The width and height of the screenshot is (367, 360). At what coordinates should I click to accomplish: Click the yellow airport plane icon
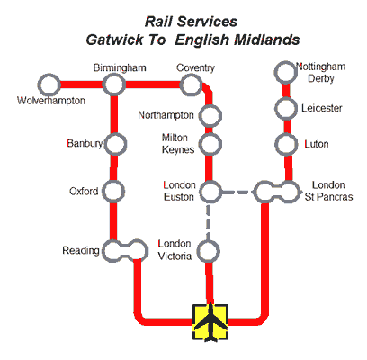coord(210,322)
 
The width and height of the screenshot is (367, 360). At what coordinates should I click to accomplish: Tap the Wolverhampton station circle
coord(48,85)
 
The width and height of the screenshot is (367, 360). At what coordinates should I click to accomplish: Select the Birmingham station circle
coord(113,85)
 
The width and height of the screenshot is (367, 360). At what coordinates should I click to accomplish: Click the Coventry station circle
coord(191,85)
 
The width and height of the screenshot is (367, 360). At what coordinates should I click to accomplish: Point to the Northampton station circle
coord(210,115)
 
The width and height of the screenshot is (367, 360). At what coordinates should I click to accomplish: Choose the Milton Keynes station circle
coord(210,144)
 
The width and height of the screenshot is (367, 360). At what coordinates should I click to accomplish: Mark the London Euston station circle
coord(210,191)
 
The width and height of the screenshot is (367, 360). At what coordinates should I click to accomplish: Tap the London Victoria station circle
coord(210,250)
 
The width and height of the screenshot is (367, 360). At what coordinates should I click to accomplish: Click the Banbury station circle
coord(114,143)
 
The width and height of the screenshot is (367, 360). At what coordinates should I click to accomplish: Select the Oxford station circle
coord(113,191)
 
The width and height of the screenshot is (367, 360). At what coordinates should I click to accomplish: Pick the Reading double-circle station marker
coord(124,250)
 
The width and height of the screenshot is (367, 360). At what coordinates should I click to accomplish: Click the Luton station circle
coord(286,144)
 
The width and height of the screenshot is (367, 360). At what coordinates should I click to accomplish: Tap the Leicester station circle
coord(286,108)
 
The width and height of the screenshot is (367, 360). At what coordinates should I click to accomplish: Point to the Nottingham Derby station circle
coord(286,72)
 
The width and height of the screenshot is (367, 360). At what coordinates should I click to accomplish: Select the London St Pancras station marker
coord(276,191)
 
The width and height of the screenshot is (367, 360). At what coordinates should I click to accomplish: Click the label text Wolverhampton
coord(51,101)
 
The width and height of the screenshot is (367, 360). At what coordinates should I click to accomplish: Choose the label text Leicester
coord(322,108)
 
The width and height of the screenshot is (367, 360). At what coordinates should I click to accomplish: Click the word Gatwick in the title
coord(118,40)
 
